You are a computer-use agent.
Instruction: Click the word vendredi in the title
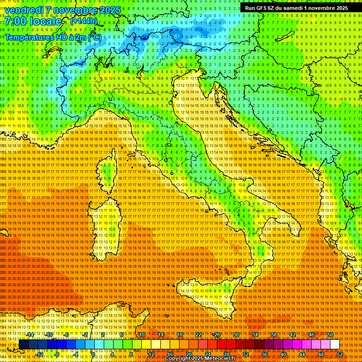pos(29,10)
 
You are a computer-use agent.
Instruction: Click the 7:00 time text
pos(19,21)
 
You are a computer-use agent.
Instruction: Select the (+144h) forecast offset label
pos(84,21)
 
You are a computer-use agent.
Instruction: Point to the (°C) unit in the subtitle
pos(94,37)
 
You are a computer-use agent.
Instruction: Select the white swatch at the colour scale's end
pos(335,345)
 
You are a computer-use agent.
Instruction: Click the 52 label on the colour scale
pos(339,354)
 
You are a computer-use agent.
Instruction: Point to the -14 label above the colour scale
pos(30,335)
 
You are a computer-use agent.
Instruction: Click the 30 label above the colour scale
pos(236,335)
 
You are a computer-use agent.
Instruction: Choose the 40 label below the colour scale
pos(283,354)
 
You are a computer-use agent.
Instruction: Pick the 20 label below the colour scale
pos(189,354)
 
